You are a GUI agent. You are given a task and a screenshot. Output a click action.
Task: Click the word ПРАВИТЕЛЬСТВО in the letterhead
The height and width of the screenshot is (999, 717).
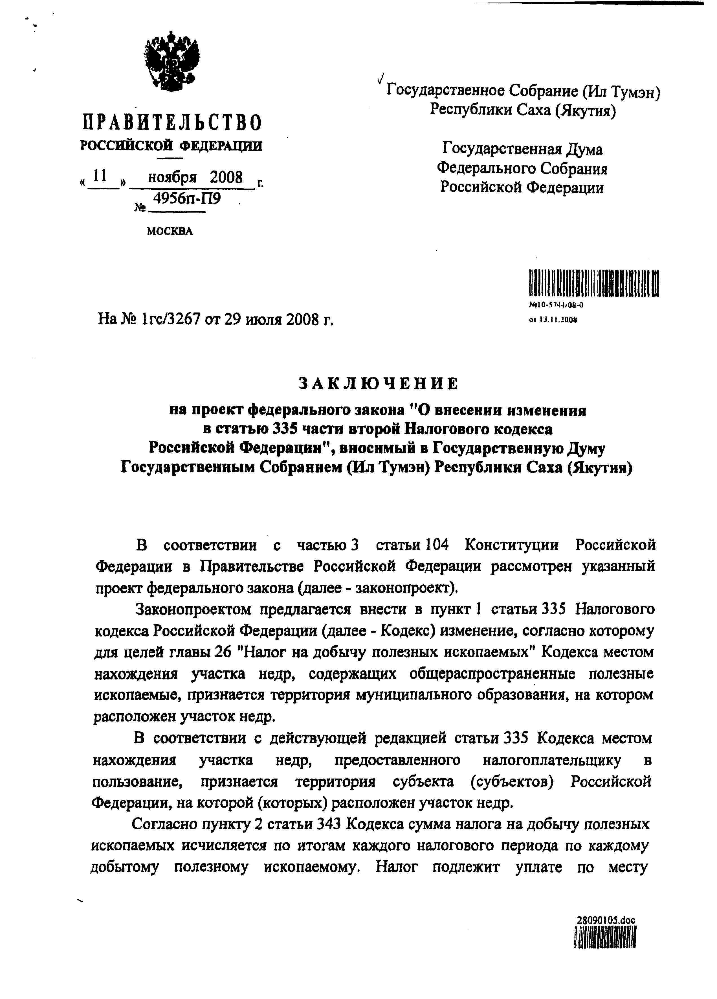(x=172, y=123)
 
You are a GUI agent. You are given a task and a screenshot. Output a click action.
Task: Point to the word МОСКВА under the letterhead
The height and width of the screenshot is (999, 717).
(x=170, y=231)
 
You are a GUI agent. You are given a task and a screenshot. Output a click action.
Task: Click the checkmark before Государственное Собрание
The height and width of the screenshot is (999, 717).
(x=381, y=79)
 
